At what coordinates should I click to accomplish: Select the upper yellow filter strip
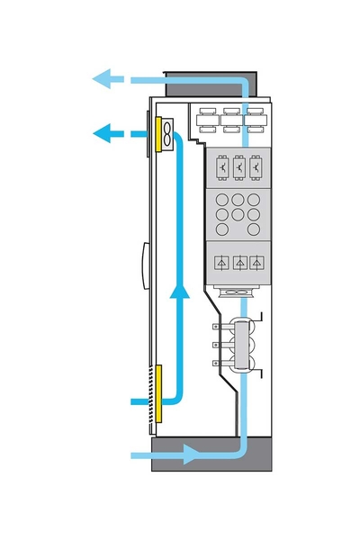[x=158, y=135]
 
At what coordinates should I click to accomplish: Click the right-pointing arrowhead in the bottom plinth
[x=192, y=455]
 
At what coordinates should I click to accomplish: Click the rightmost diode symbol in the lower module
[x=258, y=262]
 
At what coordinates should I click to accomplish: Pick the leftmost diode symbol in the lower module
[x=220, y=262]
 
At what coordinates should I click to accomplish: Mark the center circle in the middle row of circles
[x=239, y=215]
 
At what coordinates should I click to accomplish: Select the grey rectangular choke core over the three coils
[x=242, y=346]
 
